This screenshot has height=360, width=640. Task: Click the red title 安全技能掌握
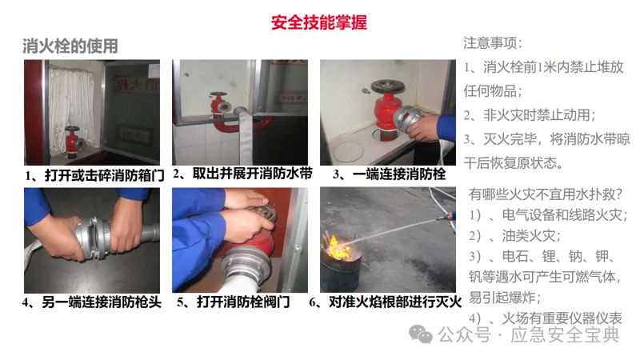click(x=319, y=22)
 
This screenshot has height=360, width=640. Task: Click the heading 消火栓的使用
click(x=70, y=46)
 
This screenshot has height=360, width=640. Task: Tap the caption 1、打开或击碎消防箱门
click(x=94, y=175)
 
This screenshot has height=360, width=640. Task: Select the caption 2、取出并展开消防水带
click(x=242, y=174)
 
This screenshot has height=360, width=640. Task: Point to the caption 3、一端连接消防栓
click(x=389, y=174)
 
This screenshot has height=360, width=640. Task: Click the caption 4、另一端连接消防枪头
click(x=92, y=302)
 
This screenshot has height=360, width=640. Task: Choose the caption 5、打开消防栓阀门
click(x=233, y=302)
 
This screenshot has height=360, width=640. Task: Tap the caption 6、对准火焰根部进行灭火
click(x=386, y=302)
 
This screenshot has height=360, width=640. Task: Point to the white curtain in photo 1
click(x=72, y=108)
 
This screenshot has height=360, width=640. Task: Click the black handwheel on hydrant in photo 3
click(x=387, y=87)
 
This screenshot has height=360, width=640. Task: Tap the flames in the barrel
click(x=337, y=246)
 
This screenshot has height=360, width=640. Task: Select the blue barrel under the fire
click(x=342, y=270)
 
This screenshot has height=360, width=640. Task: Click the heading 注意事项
click(x=493, y=43)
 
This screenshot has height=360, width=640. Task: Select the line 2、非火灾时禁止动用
click(x=530, y=115)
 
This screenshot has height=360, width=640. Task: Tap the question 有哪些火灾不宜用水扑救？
click(x=546, y=194)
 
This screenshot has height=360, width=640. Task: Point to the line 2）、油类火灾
click(x=515, y=235)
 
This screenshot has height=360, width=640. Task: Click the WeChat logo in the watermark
click(x=421, y=334)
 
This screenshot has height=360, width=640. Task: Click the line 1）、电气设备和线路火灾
click(x=548, y=215)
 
